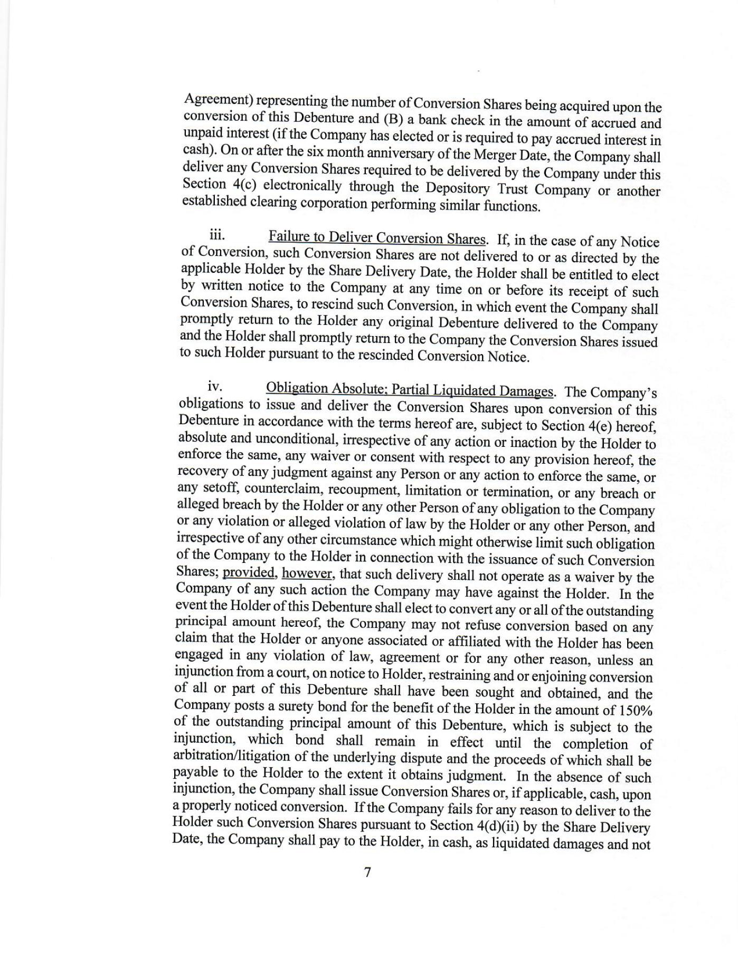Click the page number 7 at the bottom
pos(368,872)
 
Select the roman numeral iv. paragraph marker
pos(215,386)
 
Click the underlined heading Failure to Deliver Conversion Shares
pos(376,238)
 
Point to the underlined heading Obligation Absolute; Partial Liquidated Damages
pos(410,390)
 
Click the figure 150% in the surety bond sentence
pos(633,710)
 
